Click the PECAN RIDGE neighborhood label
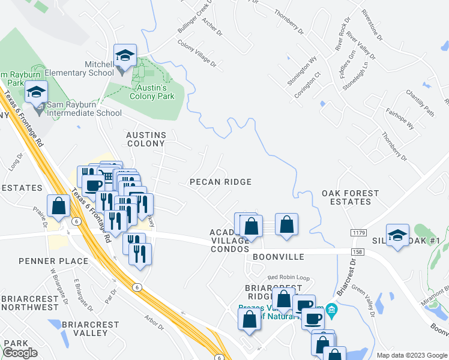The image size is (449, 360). [220, 182]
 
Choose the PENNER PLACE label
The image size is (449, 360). [53, 261]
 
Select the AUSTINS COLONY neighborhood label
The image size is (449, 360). [145, 139]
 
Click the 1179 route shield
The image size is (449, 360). [355, 231]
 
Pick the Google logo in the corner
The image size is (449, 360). [20, 352]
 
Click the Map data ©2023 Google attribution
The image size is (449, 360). [411, 355]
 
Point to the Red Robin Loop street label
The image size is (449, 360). [288, 278]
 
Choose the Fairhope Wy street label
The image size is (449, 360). [400, 122]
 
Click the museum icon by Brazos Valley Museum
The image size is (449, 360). [332, 310]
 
